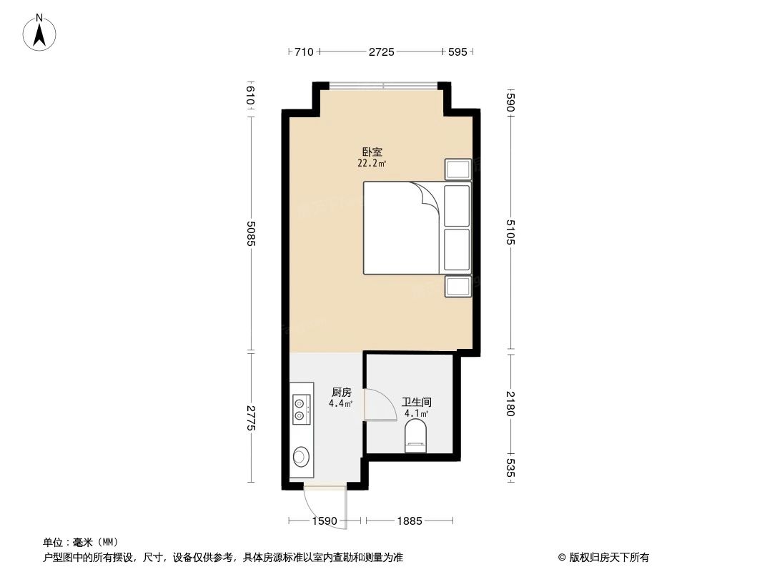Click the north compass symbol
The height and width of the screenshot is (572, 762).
(x=40, y=32)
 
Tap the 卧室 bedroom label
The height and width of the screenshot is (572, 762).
(x=372, y=152)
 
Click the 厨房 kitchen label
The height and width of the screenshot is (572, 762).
(x=342, y=393)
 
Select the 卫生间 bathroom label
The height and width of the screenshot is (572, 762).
(x=416, y=403)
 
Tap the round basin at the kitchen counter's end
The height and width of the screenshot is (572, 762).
(x=301, y=455)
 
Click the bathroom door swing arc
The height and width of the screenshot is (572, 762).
(x=382, y=405)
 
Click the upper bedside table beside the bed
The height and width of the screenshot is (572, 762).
(x=457, y=169)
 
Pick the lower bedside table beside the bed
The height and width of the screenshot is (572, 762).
(x=457, y=287)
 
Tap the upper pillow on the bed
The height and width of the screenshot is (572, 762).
(x=457, y=206)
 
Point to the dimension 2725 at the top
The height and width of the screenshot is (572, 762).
(x=381, y=51)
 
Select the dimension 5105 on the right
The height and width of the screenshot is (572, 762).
(x=510, y=232)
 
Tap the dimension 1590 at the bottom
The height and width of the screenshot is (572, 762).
(x=325, y=521)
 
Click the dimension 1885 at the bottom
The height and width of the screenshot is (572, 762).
(x=410, y=521)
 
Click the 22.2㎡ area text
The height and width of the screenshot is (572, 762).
(x=372, y=163)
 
